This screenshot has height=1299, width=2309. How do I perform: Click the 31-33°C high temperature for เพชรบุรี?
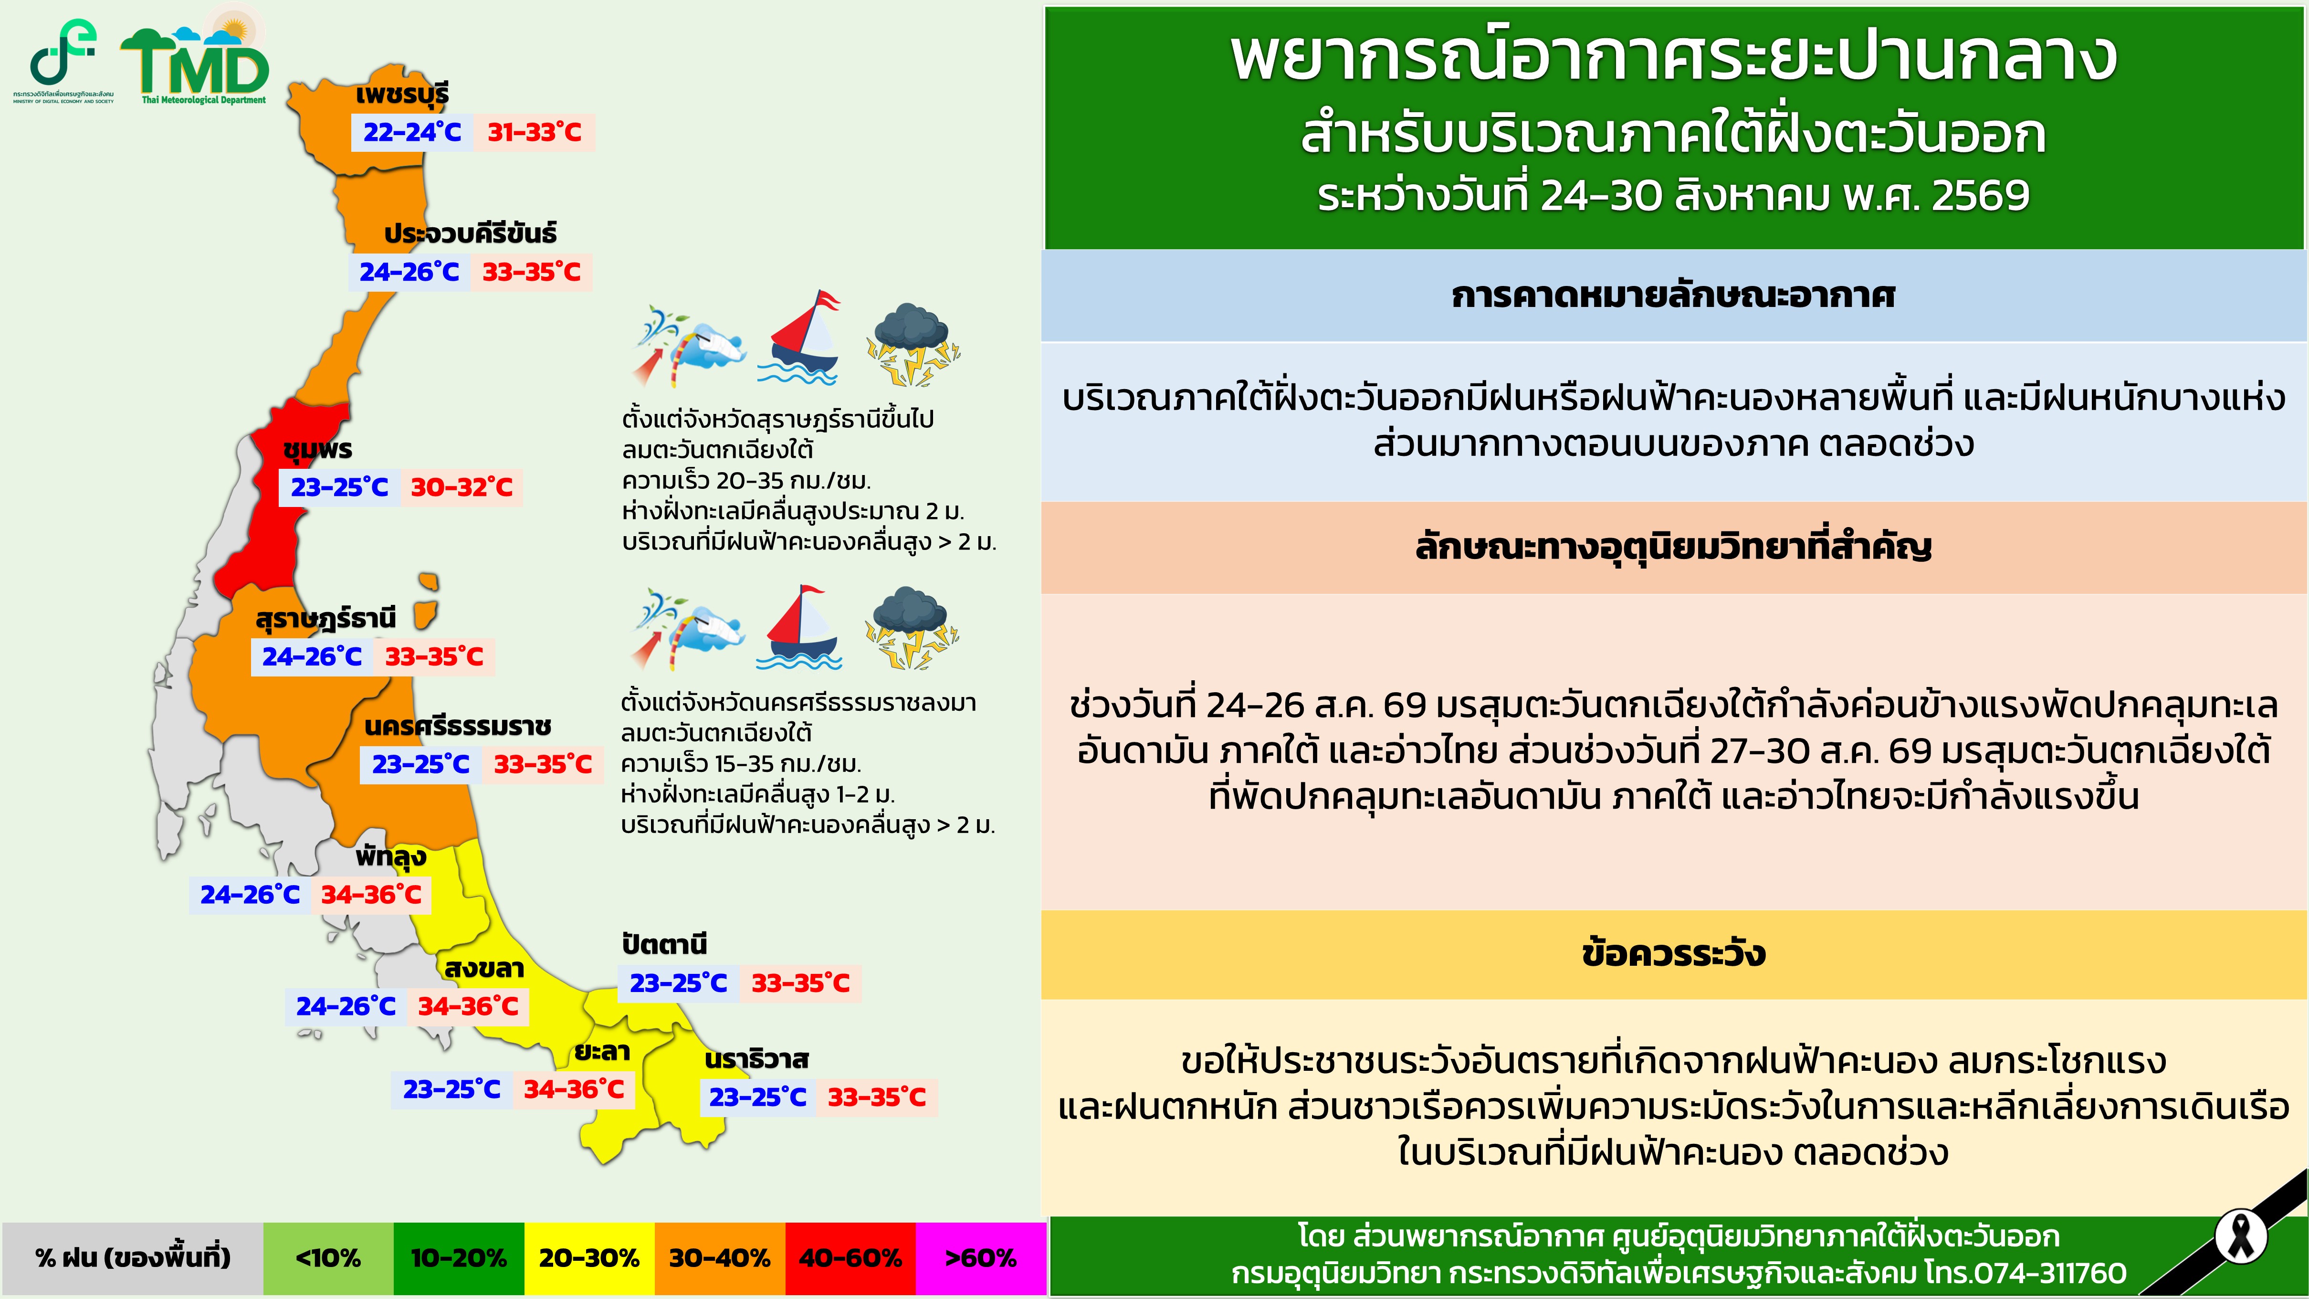534,133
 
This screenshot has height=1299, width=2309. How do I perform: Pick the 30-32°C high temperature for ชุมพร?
462,488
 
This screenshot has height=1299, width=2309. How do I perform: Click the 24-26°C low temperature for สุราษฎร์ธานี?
312,657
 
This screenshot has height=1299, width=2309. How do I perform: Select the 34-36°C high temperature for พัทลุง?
371,895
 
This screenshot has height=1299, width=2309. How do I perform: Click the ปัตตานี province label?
664,944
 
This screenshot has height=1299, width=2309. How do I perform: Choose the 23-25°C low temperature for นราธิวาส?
757,1097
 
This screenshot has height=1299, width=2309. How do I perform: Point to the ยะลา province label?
602,1052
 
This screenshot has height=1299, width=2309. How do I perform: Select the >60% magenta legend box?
981,1258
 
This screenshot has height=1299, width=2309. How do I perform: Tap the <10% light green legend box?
328,1258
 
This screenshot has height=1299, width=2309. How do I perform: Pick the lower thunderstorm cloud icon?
912,628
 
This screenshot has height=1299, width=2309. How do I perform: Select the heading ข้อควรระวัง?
1673,954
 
